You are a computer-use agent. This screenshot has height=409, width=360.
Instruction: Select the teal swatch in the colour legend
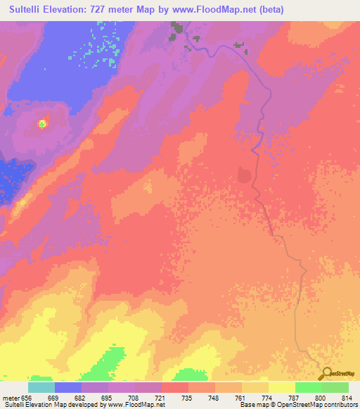pyautogui.click(x=41, y=387)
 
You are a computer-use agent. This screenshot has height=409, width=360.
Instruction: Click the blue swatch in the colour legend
pyautogui.click(x=68, y=387)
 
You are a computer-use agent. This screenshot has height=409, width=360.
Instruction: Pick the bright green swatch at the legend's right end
pyautogui.click(x=335, y=387)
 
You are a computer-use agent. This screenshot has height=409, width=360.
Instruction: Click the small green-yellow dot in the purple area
pyautogui.click(x=42, y=124)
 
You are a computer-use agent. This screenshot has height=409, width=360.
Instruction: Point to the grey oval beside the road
pyautogui.click(x=245, y=174)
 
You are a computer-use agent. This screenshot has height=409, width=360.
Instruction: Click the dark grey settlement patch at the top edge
pyautogui.click(x=176, y=28)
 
